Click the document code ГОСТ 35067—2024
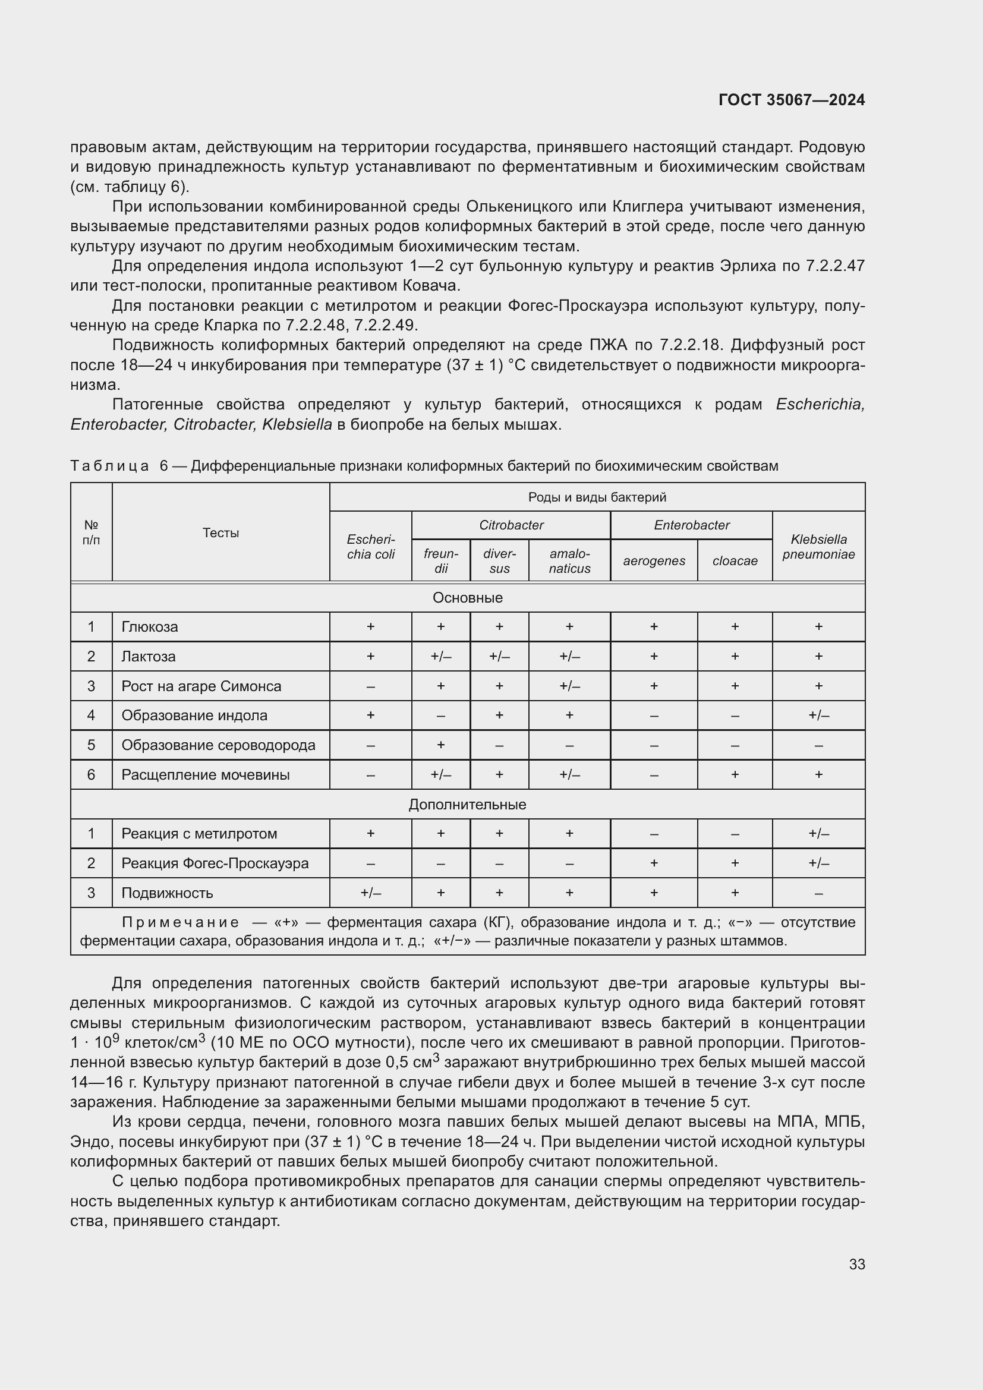click(791, 100)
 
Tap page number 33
click(856, 1264)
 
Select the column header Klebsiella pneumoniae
click(818, 547)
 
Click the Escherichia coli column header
click(370, 547)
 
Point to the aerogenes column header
click(654, 560)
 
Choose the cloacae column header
click(734, 560)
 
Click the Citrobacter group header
click(511, 525)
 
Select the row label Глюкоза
click(150, 626)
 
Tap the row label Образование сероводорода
click(218, 745)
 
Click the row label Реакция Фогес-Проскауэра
click(215, 863)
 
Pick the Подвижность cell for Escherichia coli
click(370, 893)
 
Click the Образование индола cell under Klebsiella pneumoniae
click(818, 715)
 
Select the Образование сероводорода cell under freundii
click(440, 745)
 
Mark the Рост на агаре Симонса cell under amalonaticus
click(569, 686)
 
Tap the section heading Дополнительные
click(467, 804)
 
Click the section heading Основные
click(467, 597)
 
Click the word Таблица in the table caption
click(109, 465)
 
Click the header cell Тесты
click(220, 532)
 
